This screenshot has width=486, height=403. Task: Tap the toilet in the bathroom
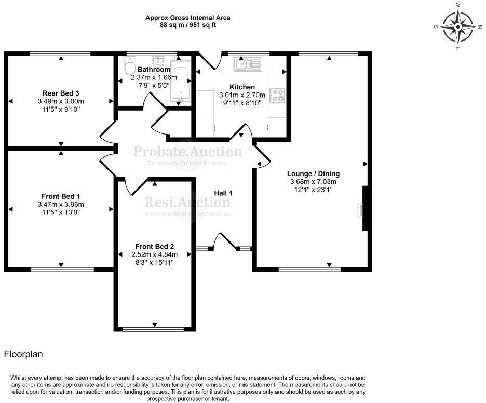(x=129, y=66)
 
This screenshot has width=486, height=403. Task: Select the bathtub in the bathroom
(x=181, y=83)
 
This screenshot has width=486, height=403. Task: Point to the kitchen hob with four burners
(x=277, y=94)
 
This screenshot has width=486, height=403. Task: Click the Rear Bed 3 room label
(x=61, y=93)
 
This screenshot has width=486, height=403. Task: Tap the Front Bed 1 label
(x=61, y=196)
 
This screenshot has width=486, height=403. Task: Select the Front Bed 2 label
(x=154, y=246)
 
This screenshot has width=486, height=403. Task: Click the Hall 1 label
(x=223, y=193)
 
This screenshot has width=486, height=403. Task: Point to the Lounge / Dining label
(x=313, y=173)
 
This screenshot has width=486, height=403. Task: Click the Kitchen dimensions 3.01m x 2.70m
(x=242, y=95)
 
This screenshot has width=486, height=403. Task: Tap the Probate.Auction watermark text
(x=187, y=152)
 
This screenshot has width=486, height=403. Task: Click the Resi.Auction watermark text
(x=187, y=202)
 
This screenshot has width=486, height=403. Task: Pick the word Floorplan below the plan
(x=23, y=354)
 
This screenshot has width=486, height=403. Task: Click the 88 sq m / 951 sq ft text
(x=187, y=25)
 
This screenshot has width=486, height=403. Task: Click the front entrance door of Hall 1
(x=224, y=242)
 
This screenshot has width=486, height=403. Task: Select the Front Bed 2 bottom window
(x=154, y=328)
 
